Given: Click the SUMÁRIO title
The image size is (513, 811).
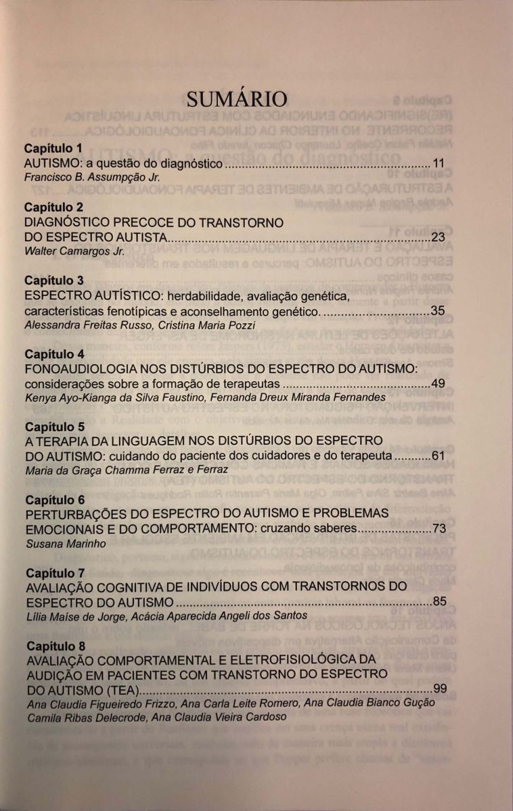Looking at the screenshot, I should point(237,99).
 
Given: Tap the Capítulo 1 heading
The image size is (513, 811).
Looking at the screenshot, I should point(53,148).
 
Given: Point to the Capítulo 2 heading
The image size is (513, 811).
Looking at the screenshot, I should point(53,207).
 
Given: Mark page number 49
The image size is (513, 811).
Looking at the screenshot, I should point(438,384).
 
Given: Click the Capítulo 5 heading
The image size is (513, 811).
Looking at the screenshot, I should point(53,427).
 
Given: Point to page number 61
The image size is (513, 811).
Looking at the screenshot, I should point(438,456).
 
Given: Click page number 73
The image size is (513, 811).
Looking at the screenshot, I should point(439,529).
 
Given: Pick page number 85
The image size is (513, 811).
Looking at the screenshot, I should point(439,601).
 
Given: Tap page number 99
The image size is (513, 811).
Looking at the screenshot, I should point(440,689).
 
